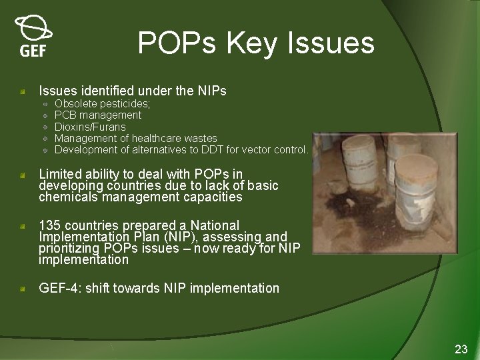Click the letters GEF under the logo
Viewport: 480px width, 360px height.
click(33, 51)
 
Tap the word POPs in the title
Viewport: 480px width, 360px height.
click(178, 43)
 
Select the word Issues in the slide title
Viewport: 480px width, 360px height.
click(331, 43)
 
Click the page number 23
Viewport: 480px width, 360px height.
click(461, 349)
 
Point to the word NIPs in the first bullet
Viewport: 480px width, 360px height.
click(213, 91)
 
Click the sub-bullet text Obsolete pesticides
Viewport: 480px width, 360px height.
click(102, 104)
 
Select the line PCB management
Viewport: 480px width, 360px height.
click(98, 115)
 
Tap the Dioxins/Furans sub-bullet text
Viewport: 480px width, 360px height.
click(90, 127)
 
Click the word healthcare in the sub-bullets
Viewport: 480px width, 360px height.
click(158, 138)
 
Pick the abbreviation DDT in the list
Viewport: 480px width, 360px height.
click(237, 149)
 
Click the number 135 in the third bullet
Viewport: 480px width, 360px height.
click(51, 225)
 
